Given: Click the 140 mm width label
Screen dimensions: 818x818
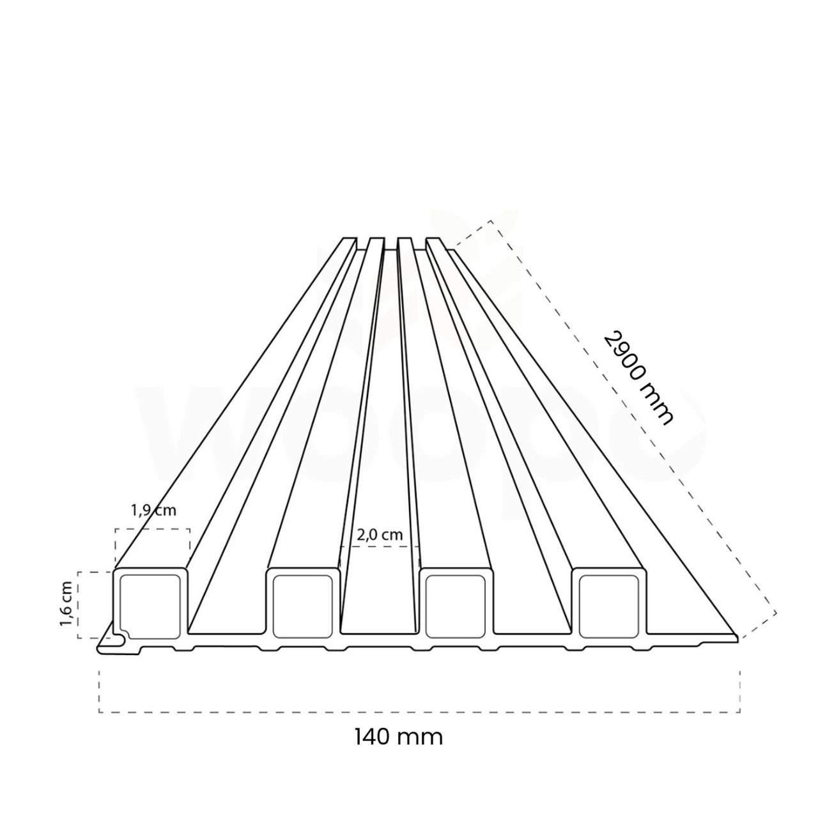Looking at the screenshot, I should click(397, 736).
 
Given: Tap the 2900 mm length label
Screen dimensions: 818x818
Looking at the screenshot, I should click(638, 378).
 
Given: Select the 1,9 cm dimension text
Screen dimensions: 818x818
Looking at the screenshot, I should click(153, 511).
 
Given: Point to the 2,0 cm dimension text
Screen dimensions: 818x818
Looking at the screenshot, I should click(380, 535).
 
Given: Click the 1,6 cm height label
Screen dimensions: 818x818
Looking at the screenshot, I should click(65, 605).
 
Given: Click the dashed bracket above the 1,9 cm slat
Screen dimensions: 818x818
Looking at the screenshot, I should click(152, 529).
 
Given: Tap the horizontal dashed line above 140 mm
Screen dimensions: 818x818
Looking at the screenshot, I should click(419, 712).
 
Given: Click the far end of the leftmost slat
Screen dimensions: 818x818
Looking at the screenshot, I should click(346, 242).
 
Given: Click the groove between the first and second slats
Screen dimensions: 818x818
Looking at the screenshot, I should click(228, 601).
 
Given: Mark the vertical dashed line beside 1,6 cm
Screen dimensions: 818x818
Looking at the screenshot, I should click(79, 605).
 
